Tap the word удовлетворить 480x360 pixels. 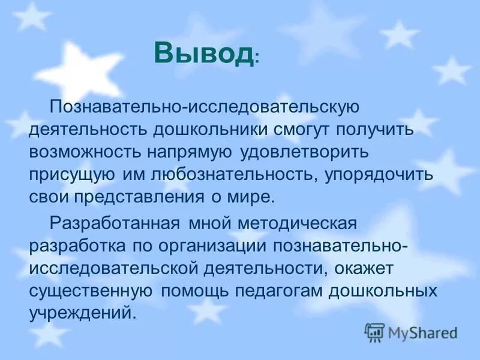[307, 152]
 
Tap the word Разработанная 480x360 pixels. [115, 224]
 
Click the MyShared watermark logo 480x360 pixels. [412, 332]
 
